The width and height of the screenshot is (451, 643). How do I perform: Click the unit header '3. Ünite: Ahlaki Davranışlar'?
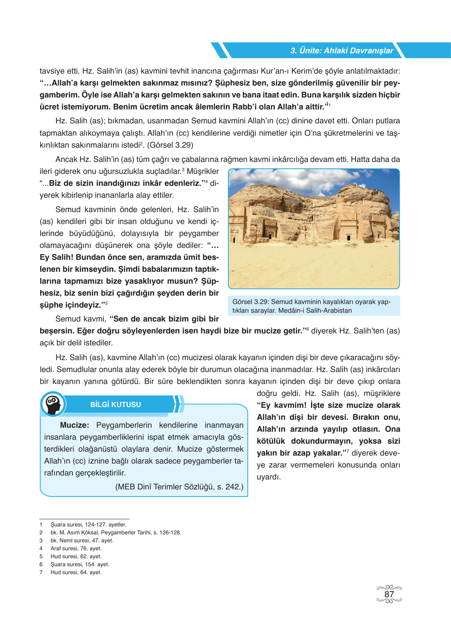point(341,51)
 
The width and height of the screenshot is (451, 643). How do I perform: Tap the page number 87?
point(389,594)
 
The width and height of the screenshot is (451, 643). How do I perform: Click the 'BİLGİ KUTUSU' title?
point(115,404)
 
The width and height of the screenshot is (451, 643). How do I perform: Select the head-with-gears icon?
point(53,404)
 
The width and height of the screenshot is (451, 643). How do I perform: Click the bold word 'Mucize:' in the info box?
point(74,425)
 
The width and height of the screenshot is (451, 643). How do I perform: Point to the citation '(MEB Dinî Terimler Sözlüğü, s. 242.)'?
point(179,487)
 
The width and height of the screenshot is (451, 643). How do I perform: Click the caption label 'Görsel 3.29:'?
point(251,302)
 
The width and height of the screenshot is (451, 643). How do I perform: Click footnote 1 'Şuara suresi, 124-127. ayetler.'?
point(88,524)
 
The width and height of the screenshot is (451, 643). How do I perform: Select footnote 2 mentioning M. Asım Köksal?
point(115,532)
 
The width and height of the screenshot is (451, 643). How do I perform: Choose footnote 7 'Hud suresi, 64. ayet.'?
point(76,572)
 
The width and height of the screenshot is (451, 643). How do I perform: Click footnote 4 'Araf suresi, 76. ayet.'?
point(76,548)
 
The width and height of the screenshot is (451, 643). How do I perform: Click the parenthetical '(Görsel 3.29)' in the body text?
point(170,145)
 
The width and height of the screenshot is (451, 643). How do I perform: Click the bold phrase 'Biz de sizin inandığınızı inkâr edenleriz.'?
point(125,183)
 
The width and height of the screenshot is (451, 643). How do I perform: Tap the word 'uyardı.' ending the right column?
point(268,477)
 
